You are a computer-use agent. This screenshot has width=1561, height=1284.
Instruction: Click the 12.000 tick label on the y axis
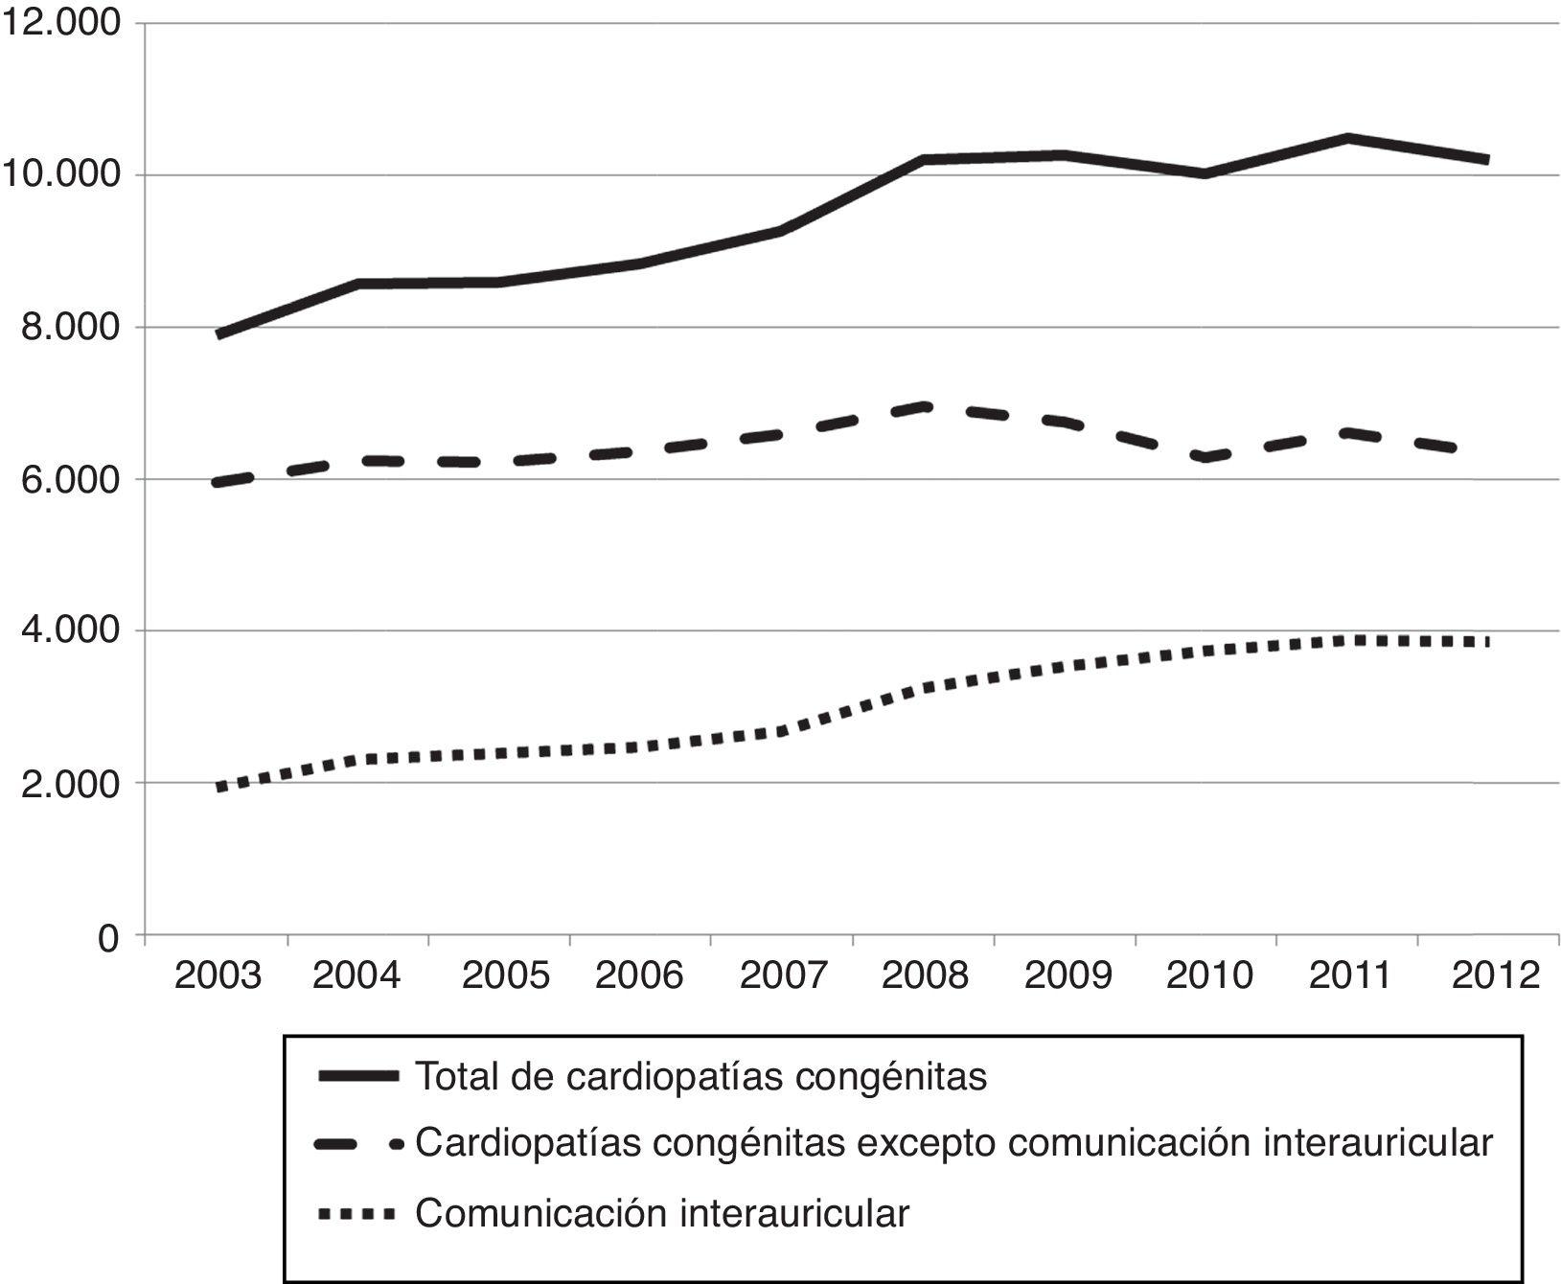click(60, 23)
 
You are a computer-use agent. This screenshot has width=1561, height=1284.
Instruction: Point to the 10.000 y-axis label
click(60, 175)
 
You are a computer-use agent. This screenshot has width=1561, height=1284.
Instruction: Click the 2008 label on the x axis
click(925, 976)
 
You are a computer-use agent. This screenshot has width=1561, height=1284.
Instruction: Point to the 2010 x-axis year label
click(1208, 976)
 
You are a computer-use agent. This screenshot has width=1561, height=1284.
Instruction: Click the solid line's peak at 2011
click(1349, 138)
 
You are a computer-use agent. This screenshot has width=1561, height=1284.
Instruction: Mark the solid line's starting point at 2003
click(219, 334)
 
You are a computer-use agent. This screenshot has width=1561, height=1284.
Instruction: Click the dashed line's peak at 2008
click(926, 406)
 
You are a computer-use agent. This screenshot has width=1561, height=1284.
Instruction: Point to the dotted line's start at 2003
click(219, 788)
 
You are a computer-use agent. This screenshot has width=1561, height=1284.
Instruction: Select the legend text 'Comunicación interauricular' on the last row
click(661, 1214)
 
